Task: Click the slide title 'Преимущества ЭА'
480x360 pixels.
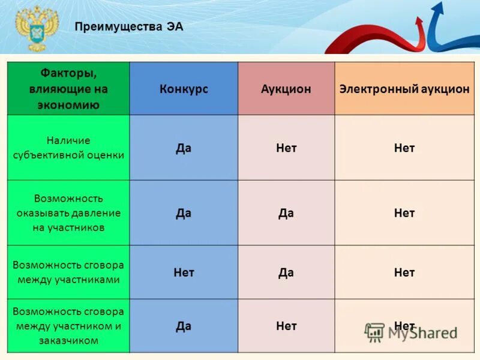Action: click(x=129, y=26)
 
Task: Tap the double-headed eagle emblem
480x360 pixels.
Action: click(x=37, y=28)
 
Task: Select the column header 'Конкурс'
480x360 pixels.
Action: click(x=184, y=89)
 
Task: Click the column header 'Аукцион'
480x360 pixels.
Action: click(x=286, y=89)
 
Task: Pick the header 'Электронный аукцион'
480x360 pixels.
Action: click(x=404, y=89)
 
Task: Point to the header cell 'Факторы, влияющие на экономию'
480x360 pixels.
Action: click(x=68, y=89)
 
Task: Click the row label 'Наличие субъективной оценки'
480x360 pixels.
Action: click(x=68, y=148)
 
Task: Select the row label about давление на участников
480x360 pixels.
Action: click(x=68, y=213)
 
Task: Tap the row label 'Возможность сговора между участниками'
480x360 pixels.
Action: click(x=68, y=272)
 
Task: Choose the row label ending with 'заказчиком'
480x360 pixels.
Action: click(x=68, y=326)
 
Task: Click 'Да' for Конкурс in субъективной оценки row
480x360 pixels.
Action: click(x=184, y=148)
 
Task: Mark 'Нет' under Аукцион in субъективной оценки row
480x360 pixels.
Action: click(x=286, y=148)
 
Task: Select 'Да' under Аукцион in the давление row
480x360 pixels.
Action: click(x=286, y=213)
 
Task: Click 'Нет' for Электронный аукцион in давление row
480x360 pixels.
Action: click(x=404, y=213)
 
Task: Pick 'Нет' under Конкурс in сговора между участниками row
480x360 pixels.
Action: click(x=184, y=272)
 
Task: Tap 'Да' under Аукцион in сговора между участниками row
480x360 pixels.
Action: click(x=286, y=272)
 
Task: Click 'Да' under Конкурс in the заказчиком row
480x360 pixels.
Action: click(x=184, y=326)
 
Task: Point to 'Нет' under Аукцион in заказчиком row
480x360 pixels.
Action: click(x=286, y=326)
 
